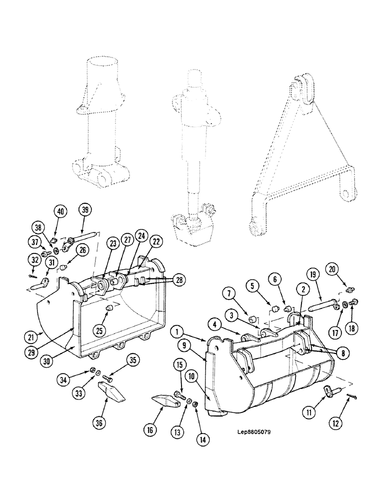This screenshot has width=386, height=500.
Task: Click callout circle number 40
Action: click(60, 211)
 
